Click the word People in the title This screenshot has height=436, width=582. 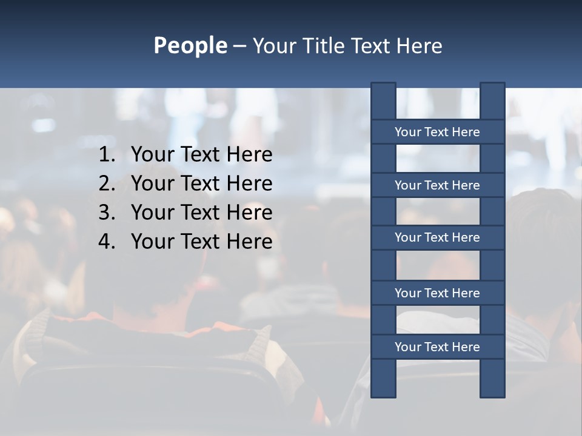pos(190,46)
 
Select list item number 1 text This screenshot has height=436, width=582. pos(201,155)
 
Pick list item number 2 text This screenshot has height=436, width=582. pos(201,183)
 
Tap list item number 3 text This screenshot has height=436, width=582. pos(201,213)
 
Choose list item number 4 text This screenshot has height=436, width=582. pos(201,242)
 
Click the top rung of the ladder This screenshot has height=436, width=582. pos(437,132)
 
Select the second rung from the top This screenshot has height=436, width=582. pos(437,185)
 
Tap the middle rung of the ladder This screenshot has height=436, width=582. pos(437,237)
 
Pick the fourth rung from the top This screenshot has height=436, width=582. pos(437,293)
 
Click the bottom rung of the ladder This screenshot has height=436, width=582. pos(437,347)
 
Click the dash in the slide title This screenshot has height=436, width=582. pos(239,46)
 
